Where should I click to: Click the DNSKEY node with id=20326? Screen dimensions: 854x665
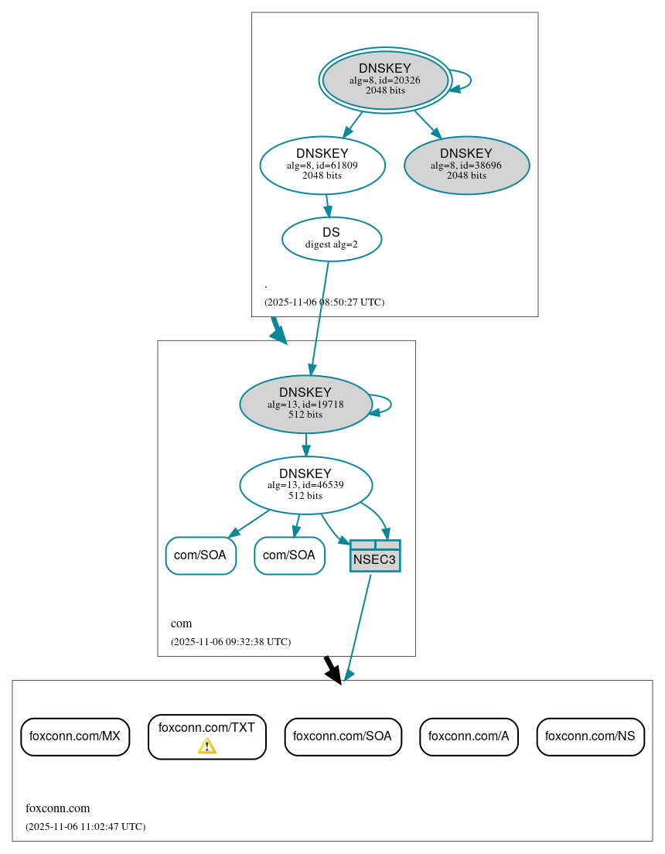(x=385, y=80)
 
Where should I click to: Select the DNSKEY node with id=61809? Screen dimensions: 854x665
(x=322, y=165)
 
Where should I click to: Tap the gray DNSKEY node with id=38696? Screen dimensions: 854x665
(x=466, y=165)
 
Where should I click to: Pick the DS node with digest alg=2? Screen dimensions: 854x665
(x=331, y=239)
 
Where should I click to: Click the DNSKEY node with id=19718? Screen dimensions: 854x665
(x=305, y=404)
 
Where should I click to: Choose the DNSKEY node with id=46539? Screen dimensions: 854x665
(x=305, y=485)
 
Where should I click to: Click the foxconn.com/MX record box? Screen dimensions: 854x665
(x=75, y=736)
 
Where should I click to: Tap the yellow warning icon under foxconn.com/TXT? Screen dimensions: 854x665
(x=207, y=746)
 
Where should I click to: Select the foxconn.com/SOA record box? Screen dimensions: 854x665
(x=343, y=736)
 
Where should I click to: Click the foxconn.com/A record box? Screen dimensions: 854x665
(x=469, y=736)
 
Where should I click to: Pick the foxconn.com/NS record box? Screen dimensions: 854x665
(x=590, y=736)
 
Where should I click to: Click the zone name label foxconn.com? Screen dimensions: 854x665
(x=58, y=808)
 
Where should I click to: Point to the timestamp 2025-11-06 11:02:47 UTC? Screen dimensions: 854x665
(x=85, y=826)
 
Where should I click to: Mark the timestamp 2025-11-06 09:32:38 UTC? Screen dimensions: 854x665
(x=230, y=641)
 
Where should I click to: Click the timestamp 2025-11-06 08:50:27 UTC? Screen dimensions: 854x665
(x=324, y=302)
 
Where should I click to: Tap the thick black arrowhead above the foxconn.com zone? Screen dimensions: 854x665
(x=333, y=674)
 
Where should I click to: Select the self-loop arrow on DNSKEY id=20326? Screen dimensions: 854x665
(x=469, y=80)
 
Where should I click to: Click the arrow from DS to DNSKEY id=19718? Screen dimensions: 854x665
(x=319, y=317)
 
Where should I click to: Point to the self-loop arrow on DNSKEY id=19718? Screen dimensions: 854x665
(x=390, y=404)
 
